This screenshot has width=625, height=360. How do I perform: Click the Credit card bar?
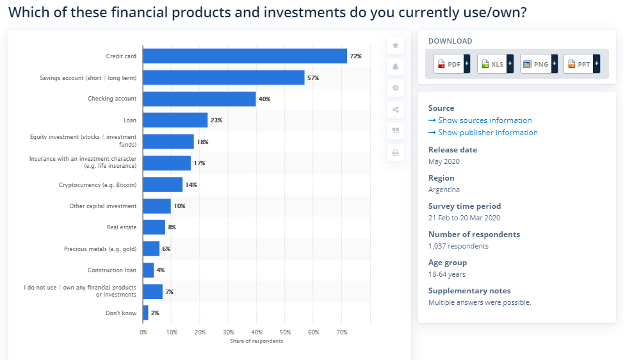click(245, 56)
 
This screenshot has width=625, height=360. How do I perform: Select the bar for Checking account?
click(199, 99)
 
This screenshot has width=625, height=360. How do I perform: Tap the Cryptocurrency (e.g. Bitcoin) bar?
click(163, 184)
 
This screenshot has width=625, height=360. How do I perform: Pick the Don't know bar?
click(146, 313)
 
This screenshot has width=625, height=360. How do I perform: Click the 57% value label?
click(313, 78)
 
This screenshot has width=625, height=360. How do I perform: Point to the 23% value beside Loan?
click(216, 120)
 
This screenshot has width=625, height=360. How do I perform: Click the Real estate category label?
click(122, 227)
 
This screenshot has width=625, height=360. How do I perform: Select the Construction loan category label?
click(112, 270)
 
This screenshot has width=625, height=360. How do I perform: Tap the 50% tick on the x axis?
click(286, 332)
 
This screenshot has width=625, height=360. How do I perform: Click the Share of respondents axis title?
click(256, 341)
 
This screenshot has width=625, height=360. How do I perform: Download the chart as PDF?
click(451, 64)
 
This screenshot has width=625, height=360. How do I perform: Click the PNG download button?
click(538, 64)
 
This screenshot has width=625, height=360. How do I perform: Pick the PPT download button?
click(581, 64)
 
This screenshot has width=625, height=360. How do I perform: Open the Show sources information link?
click(484, 120)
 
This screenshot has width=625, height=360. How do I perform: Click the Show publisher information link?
click(487, 133)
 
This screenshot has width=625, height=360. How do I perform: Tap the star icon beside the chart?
click(395, 45)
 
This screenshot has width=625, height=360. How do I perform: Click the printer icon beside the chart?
click(395, 152)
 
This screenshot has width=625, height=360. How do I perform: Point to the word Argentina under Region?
click(444, 190)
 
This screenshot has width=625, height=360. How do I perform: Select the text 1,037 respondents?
click(458, 246)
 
